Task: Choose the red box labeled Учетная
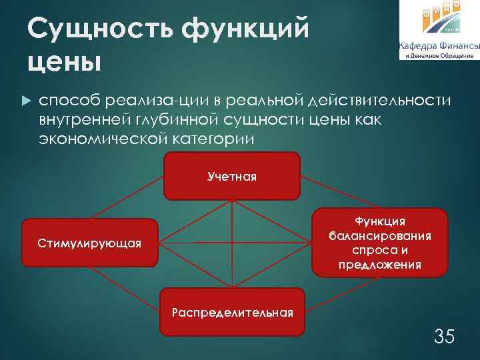coord(232,176)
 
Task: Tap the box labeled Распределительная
coord(232,311)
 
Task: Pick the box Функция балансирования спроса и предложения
coord(379,242)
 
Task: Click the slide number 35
coord(444,336)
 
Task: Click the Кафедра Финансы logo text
coord(439,46)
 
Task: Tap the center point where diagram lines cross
coord(232,243)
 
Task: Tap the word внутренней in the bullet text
coord(83,119)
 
